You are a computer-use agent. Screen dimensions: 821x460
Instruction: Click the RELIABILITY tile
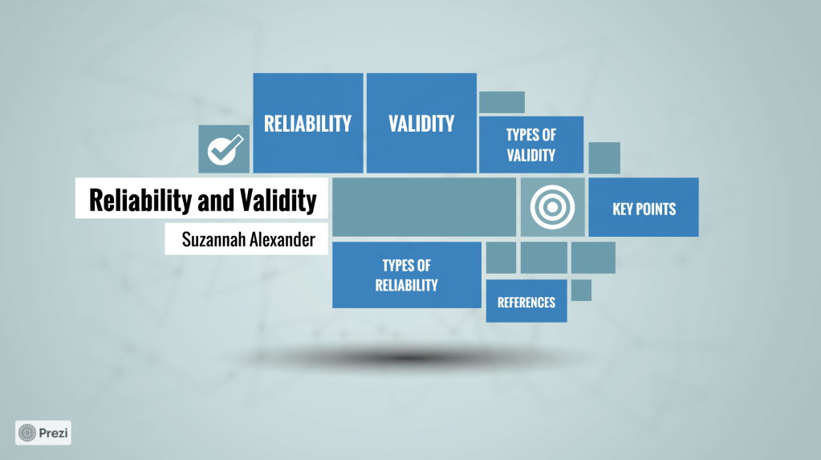tap(308, 123)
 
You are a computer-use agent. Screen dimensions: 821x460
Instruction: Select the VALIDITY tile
tap(421, 123)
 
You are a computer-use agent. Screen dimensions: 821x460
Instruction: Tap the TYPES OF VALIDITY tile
tap(531, 145)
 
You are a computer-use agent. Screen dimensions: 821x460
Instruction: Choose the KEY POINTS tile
tap(644, 207)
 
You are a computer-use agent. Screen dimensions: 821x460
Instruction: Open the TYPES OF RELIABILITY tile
tap(407, 275)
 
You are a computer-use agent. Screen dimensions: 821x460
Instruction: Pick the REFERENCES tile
tap(526, 301)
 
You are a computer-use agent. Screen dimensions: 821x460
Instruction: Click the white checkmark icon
tap(226, 149)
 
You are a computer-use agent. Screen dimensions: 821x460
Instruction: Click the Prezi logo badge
tap(43, 433)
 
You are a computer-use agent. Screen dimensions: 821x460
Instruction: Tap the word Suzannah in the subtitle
tap(213, 240)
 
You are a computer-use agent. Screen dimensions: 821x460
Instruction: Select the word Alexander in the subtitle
tap(282, 240)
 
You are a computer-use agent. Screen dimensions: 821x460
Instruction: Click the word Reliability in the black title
tap(140, 200)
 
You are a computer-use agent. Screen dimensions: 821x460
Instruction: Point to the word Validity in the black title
tap(278, 200)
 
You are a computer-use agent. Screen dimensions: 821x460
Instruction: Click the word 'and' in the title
tap(216, 200)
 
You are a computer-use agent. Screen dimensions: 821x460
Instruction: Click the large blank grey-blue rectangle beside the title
tap(424, 207)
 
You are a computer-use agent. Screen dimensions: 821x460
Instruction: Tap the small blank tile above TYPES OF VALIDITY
tap(502, 102)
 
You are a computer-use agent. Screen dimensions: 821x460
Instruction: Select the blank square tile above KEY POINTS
tap(604, 157)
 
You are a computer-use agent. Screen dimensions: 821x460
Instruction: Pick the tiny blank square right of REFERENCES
tap(581, 291)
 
